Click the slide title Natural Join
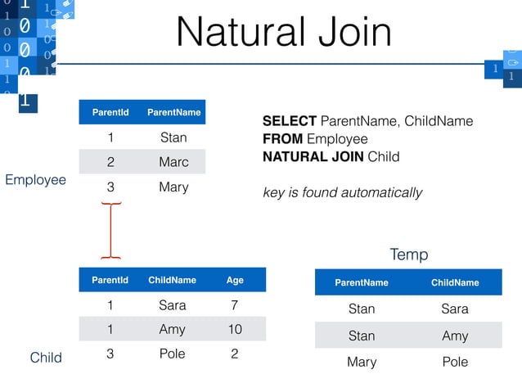(x=284, y=32)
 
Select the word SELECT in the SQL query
(x=289, y=121)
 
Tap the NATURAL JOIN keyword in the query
(x=313, y=156)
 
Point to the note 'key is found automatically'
(x=342, y=193)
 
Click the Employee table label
(x=35, y=179)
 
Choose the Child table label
(x=46, y=358)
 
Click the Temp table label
(x=408, y=255)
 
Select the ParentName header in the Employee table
(x=173, y=112)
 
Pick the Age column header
(x=235, y=280)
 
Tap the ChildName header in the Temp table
(x=455, y=282)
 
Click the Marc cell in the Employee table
(x=173, y=162)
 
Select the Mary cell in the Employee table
(x=173, y=187)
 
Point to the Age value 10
(x=235, y=329)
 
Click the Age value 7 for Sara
(x=235, y=305)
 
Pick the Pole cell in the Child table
(x=172, y=354)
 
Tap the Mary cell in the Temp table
(x=362, y=361)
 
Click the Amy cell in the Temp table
(x=455, y=336)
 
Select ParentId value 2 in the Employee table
(x=110, y=162)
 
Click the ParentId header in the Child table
(x=110, y=280)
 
